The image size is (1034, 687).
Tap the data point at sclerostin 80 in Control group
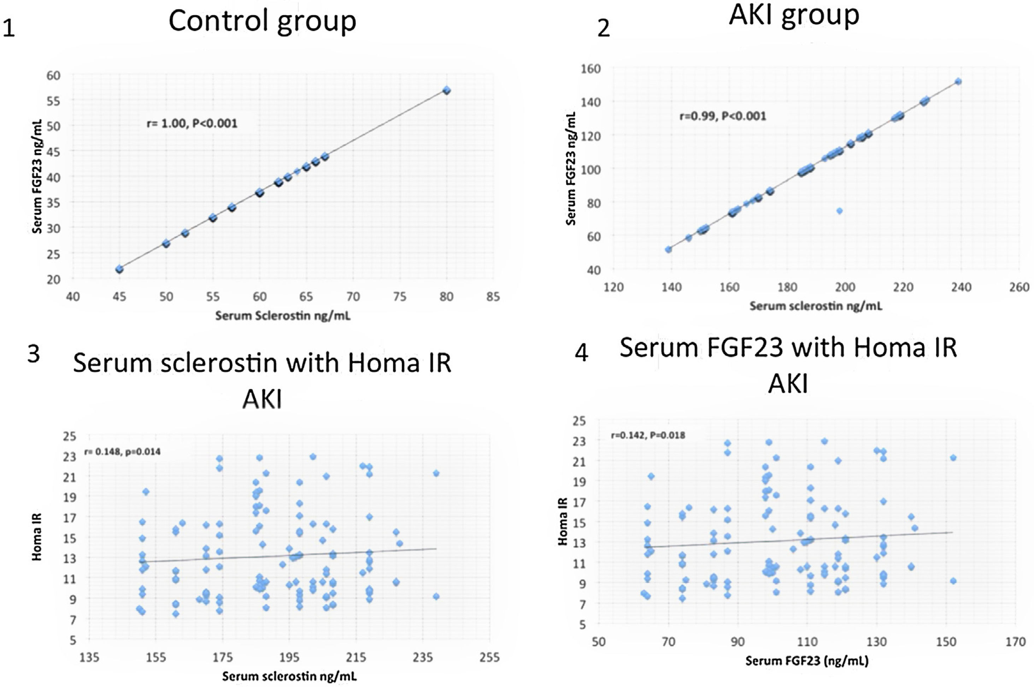447,90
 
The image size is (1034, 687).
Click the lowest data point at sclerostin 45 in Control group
119,269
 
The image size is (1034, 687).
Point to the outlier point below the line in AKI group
839,211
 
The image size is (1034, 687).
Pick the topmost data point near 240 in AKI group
958,82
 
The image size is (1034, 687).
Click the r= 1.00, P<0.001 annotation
192,123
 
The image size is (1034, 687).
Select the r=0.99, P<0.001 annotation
723,116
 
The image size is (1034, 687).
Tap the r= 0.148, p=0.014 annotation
122,452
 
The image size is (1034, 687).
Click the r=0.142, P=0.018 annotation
648,435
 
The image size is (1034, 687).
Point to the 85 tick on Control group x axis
493,297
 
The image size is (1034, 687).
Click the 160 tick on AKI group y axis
591,69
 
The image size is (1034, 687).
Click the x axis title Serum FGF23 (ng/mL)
806,661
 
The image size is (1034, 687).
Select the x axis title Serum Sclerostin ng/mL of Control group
283,315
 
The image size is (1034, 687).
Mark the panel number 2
604,29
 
